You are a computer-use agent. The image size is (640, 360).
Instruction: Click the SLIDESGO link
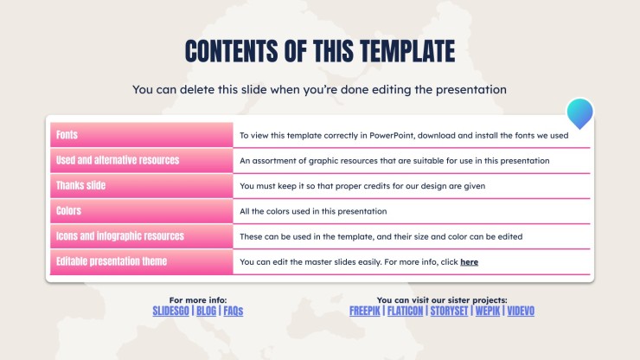[x=170, y=311]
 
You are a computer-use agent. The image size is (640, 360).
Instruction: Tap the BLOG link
[x=206, y=311]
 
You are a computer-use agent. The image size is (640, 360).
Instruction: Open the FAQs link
[x=233, y=311]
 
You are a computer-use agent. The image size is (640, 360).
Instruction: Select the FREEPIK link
[x=364, y=311]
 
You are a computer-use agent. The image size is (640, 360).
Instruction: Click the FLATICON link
[x=405, y=311]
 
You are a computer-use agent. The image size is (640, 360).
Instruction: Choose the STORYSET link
[x=449, y=311]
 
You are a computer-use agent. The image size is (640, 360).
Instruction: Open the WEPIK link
[x=487, y=311]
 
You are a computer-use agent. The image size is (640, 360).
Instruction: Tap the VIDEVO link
[x=521, y=311]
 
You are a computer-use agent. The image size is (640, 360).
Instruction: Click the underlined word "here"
[x=469, y=262]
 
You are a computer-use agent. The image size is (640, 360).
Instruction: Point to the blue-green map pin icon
[x=579, y=112]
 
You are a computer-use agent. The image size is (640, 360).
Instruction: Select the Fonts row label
[x=67, y=135]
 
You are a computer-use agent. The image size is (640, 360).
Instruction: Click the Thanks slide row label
[x=80, y=185]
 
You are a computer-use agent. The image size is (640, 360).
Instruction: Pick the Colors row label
[x=68, y=211]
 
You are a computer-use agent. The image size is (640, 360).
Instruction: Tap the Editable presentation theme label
[x=112, y=261]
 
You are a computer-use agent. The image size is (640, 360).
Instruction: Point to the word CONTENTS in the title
[x=232, y=51]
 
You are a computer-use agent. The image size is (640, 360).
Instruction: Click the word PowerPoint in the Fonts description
[x=392, y=135]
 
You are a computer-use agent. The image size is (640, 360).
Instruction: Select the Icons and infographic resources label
[x=120, y=236]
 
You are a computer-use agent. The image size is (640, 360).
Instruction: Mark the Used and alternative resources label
[x=118, y=160]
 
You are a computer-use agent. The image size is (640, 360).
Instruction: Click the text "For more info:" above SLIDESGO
[x=198, y=300]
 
